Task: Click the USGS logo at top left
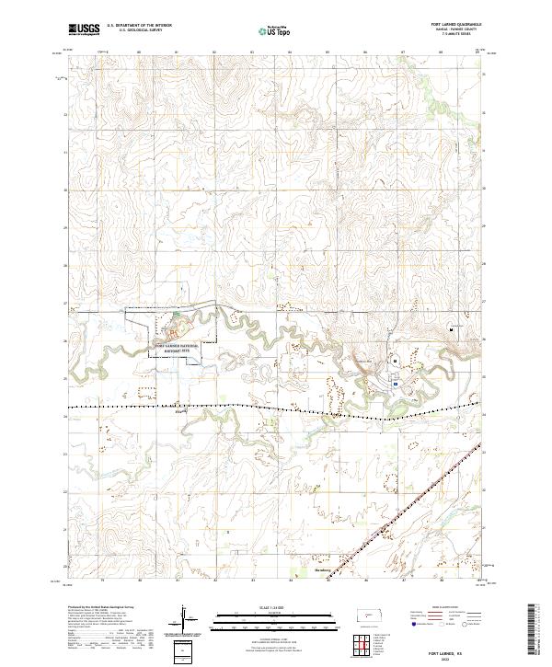(85, 29)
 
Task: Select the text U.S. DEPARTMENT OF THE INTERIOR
(139, 26)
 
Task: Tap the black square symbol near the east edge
(451, 328)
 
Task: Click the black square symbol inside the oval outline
(395, 362)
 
